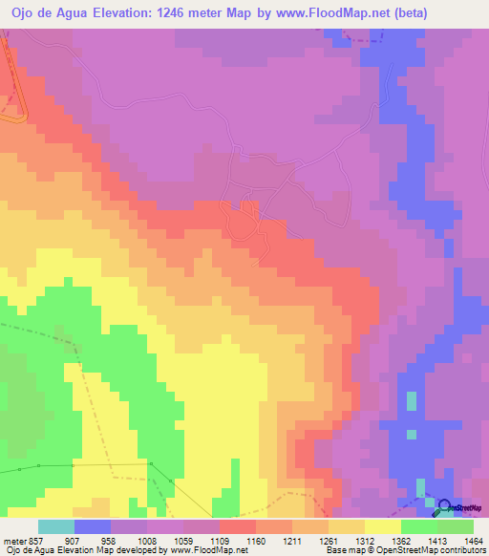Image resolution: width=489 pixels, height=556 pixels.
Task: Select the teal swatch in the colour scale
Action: tap(56, 526)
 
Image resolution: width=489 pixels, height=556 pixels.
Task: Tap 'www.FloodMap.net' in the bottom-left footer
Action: tap(206, 551)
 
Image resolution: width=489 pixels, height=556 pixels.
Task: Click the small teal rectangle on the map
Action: tap(412, 401)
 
